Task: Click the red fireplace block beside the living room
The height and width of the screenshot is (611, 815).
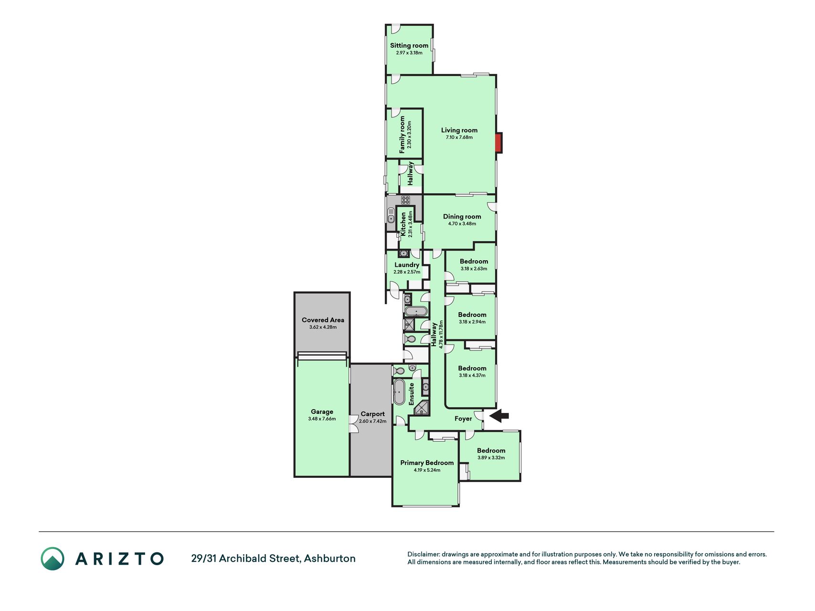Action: coord(498,143)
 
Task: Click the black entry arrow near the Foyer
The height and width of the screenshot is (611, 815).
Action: coord(499,416)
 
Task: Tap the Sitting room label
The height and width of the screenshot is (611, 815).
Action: coord(409,46)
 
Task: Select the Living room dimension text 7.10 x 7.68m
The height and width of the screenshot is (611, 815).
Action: coord(459,137)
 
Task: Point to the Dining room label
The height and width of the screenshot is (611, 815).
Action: coord(462,217)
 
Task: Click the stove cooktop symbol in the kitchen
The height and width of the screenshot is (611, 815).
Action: coord(406,200)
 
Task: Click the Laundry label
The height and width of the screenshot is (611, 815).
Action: coord(407,265)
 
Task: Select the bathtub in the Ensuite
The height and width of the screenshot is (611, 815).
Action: coord(399,392)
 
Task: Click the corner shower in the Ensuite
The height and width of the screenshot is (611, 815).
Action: coord(422,408)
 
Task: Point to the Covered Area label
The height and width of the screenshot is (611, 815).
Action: coord(323,320)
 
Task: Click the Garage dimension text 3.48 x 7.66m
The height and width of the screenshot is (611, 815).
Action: coord(322,419)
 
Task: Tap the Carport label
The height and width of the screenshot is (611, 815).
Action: coord(373,414)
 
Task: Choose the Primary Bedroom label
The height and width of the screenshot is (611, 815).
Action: coord(427,463)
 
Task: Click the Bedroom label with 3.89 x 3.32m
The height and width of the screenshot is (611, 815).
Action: coord(491,451)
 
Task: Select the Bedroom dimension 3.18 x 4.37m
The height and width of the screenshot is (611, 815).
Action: coord(472,376)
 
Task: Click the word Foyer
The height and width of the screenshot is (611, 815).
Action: coord(463,419)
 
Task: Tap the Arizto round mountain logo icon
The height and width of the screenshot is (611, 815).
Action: coord(53,558)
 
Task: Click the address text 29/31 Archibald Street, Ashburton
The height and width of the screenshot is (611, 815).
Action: coord(274,558)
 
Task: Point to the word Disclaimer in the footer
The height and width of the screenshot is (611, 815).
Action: coord(423,555)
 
